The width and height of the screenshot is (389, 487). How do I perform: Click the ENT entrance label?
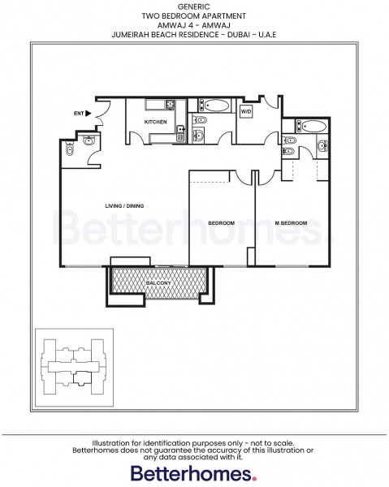(x=79, y=113)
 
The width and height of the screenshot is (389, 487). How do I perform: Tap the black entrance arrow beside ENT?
(x=92, y=113)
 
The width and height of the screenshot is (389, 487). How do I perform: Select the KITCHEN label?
(x=156, y=122)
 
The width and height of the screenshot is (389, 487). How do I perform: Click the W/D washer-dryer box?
(x=246, y=111)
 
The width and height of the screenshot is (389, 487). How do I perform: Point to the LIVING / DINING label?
(x=124, y=206)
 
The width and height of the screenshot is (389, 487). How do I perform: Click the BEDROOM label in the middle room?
(x=221, y=222)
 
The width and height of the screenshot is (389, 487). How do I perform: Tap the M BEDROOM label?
(x=290, y=222)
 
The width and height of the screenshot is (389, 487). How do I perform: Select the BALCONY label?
(x=157, y=282)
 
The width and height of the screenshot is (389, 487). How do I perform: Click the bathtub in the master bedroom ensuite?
(x=313, y=127)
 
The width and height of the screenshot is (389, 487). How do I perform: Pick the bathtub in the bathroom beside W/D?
(x=217, y=105)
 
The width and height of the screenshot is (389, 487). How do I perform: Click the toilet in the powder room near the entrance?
(x=71, y=149)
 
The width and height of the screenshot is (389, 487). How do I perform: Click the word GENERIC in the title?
(x=194, y=5)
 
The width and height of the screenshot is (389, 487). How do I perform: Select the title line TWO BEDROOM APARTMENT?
(x=194, y=15)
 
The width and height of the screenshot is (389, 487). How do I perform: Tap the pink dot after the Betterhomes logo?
(x=255, y=479)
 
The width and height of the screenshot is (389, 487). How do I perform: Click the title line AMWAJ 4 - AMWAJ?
(x=194, y=25)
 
